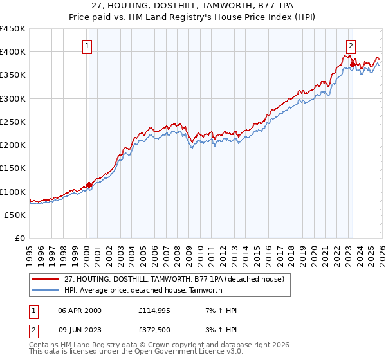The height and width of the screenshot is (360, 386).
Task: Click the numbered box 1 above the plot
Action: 87,46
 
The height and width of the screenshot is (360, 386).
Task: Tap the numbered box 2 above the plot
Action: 351,46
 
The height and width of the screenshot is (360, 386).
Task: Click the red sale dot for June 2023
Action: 353,65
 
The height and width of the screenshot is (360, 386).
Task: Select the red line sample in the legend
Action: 45,279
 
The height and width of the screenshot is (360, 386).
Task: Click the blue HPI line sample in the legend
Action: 45,290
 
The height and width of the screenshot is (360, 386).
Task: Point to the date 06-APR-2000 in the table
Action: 80,310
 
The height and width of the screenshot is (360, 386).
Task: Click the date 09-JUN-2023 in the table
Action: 80,330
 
